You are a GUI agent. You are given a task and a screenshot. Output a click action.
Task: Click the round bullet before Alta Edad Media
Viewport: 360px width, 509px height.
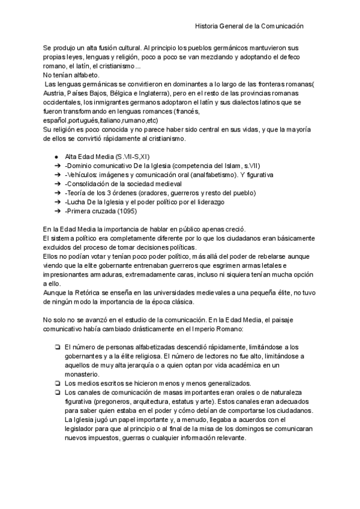[x=56, y=157]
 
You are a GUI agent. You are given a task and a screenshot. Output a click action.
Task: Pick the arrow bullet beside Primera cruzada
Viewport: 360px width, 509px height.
[x=56, y=211]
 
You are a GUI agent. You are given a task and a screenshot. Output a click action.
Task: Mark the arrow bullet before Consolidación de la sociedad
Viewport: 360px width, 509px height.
[x=56, y=184]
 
